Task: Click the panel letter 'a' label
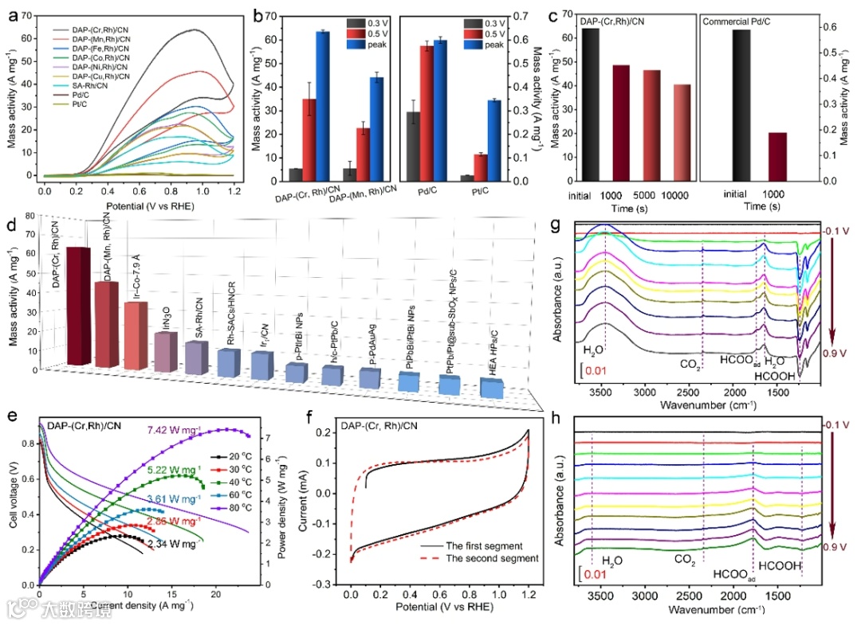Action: [x=12, y=14]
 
